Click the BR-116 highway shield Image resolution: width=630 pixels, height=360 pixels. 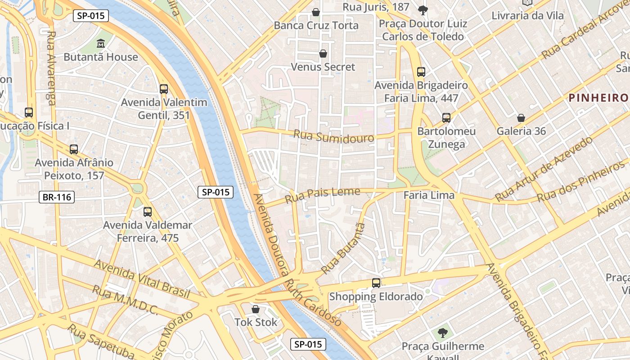56,197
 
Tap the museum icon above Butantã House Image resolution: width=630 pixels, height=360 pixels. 101,44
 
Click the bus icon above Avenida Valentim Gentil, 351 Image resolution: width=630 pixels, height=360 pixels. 164,89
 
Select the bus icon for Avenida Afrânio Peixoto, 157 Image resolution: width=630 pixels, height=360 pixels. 74,149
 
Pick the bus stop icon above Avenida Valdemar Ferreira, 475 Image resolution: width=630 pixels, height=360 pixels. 148,212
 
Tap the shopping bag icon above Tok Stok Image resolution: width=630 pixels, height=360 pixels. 256,309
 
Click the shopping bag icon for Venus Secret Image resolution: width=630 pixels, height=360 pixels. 323,54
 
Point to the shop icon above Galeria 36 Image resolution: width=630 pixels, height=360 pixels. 521,118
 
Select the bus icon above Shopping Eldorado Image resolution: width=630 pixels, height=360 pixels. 376,283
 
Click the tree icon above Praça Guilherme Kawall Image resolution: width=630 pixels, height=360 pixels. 443,333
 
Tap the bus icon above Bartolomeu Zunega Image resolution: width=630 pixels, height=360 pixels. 446,118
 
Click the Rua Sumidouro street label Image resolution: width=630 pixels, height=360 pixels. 333,136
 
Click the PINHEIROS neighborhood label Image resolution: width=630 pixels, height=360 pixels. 598,98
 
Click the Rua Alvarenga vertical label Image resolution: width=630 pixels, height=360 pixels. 51,67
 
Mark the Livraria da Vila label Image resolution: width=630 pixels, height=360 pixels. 527,16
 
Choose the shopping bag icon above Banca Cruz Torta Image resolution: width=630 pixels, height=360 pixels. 316,12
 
